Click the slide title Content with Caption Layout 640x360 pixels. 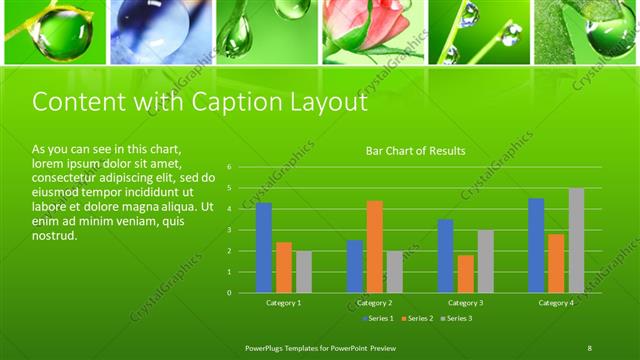click(x=199, y=102)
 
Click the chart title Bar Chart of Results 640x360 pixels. click(x=415, y=151)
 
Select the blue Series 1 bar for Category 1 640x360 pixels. click(x=264, y=247)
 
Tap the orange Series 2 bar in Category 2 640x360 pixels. click(x=375, y=246)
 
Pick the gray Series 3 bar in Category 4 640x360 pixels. click(x=576, y=240)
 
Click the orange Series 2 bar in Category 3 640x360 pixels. click(x=465, y=273)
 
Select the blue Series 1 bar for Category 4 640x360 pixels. click(x=536, y=245)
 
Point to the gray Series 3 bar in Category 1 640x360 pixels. click(x=304, y=271)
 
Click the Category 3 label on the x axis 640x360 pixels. click(x=465, y=302)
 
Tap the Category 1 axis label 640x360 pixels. click(x=284, y=302)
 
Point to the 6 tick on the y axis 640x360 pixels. click(x=229, y=167)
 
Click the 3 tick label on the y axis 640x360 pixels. click(x=229, y=230)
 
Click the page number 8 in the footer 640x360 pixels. click(x=590, y=347)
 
